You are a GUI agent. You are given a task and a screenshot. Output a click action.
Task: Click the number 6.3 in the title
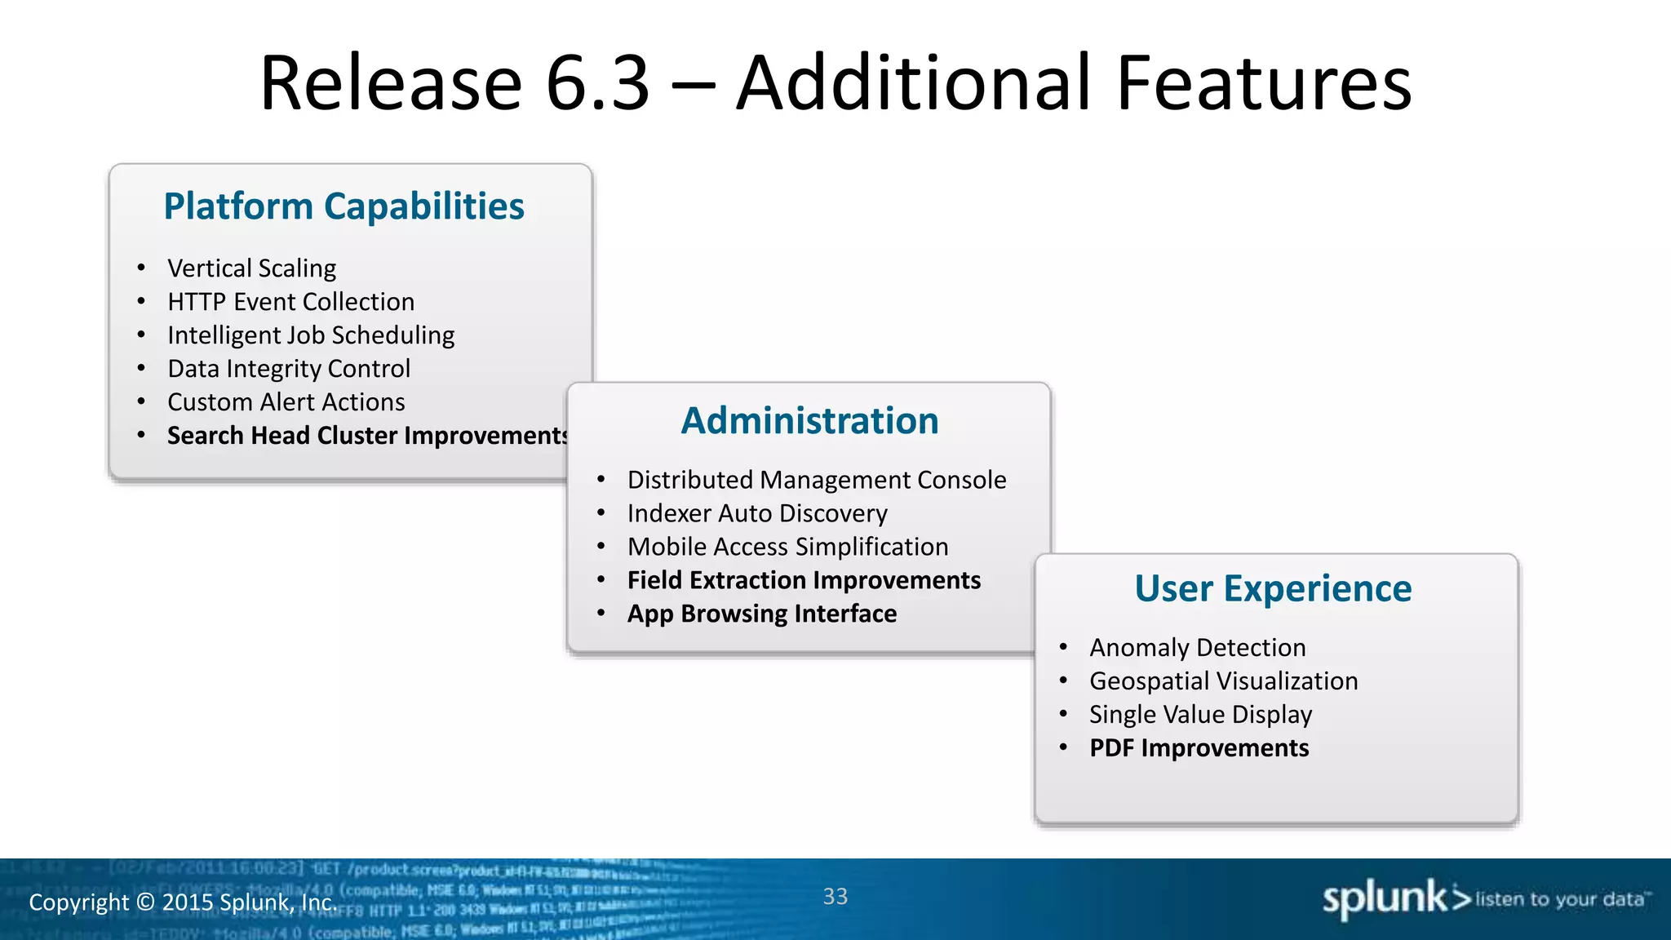click(596, 83)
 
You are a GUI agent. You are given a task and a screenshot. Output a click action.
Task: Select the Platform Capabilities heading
click(344, 206)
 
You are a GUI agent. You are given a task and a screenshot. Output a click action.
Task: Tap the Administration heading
click(809, 421)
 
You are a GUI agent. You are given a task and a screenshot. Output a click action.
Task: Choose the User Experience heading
click(1272, 588)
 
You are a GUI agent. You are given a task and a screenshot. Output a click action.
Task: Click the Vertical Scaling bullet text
click(251, 268)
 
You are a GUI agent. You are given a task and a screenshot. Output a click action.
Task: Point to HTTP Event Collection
click(290, 302)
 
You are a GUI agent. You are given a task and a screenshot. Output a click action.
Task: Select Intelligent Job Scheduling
click(310, 335)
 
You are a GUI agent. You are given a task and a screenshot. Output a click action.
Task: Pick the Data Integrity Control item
click(288, 369)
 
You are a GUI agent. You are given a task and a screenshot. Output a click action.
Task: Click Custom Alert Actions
click(286, 402)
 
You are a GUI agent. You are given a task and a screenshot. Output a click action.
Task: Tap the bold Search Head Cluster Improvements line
click(366, 436)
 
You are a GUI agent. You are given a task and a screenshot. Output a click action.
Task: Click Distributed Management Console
click(816, 480)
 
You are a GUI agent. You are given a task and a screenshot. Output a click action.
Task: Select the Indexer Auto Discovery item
click(756, 513)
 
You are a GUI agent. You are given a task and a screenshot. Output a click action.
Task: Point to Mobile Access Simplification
click(787, 547)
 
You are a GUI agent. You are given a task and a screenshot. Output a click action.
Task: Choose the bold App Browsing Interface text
click(761, 614)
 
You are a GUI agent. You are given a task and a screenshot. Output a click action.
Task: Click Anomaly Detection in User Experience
click(1197, 648)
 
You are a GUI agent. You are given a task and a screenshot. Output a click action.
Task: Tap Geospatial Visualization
click(1223, 681)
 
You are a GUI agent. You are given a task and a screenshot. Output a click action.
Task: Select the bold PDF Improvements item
click(1199, 748)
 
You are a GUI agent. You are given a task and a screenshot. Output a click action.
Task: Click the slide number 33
click(835, 897)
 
